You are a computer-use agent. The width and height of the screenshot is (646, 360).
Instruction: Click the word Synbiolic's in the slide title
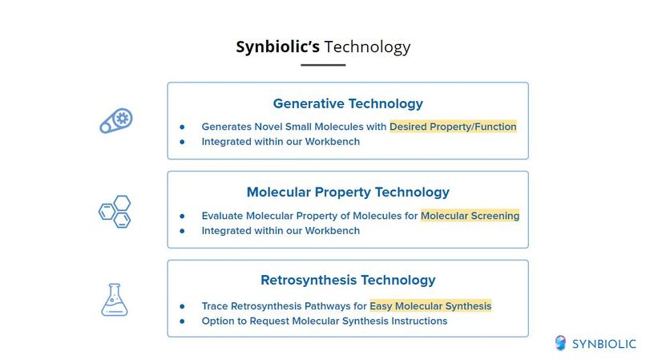click(277, 47)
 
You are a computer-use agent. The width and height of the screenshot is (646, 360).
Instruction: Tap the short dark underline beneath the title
click(323, 65)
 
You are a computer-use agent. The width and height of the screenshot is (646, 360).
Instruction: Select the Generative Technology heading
click(348, 103)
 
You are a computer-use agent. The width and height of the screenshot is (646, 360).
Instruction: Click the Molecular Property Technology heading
click(348, 192)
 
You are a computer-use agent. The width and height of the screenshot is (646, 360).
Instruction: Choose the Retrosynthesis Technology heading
click(348, 281)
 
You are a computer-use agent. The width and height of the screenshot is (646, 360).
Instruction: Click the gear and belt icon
click(115, 121)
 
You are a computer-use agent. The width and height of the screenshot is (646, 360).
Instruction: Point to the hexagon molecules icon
click(115, 212)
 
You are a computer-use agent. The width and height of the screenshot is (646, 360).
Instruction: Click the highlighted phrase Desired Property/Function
click(453, 127)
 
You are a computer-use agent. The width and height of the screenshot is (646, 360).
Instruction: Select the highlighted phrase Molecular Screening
click(470, 216)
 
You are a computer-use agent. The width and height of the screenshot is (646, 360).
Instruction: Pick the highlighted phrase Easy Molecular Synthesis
click(430, 306)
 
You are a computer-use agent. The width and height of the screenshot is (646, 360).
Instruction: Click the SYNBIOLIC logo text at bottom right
click(604, 344)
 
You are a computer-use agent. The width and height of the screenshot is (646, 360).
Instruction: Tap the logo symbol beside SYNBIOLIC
click(561, 343)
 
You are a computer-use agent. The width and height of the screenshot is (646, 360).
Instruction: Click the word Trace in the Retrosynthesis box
click(216, 306)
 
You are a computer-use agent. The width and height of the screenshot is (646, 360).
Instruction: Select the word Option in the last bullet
click(219, 321)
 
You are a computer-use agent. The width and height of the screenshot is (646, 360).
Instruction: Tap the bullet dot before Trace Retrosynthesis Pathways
click(182, 306)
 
